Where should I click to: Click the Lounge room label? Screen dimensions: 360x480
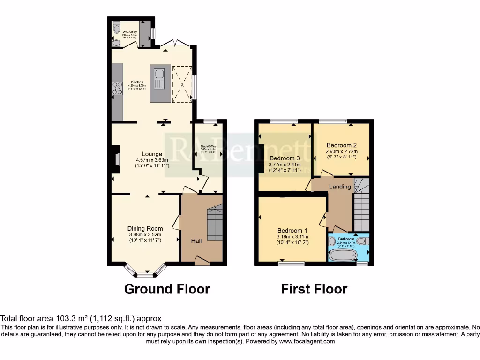[152, 154]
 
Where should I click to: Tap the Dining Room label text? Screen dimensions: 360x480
[145, 229]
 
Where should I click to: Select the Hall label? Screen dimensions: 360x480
[196, 240]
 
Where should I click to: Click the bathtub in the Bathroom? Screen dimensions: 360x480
[343, 255]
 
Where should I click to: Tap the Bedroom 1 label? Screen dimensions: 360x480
[292, 230]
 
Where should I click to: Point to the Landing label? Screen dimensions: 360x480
[340, 187]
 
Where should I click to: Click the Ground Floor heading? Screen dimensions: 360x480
[167, 289]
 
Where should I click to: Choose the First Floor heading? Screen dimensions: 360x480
[314, 289]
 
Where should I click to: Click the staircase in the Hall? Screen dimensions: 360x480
[214, 224]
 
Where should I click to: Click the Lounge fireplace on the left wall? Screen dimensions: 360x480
[114, 156]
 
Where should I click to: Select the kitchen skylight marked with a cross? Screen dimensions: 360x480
[182, 83]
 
